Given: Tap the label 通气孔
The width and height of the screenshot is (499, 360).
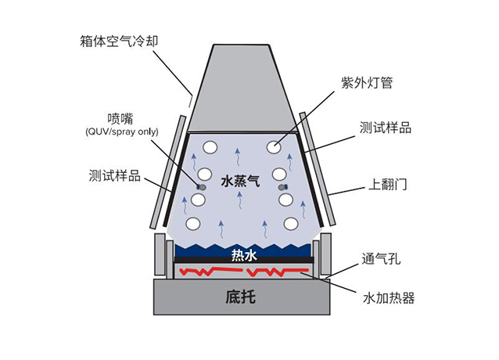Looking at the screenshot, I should (x=382, y=259).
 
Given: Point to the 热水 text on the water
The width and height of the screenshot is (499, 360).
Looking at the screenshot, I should (x=244, y=254).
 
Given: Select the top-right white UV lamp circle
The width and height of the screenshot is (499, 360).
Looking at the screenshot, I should (x=274, y=146).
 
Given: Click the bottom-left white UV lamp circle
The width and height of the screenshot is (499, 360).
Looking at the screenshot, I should (x=192, y=224).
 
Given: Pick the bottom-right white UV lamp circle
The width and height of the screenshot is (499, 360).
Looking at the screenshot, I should (x=291, y=224).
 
